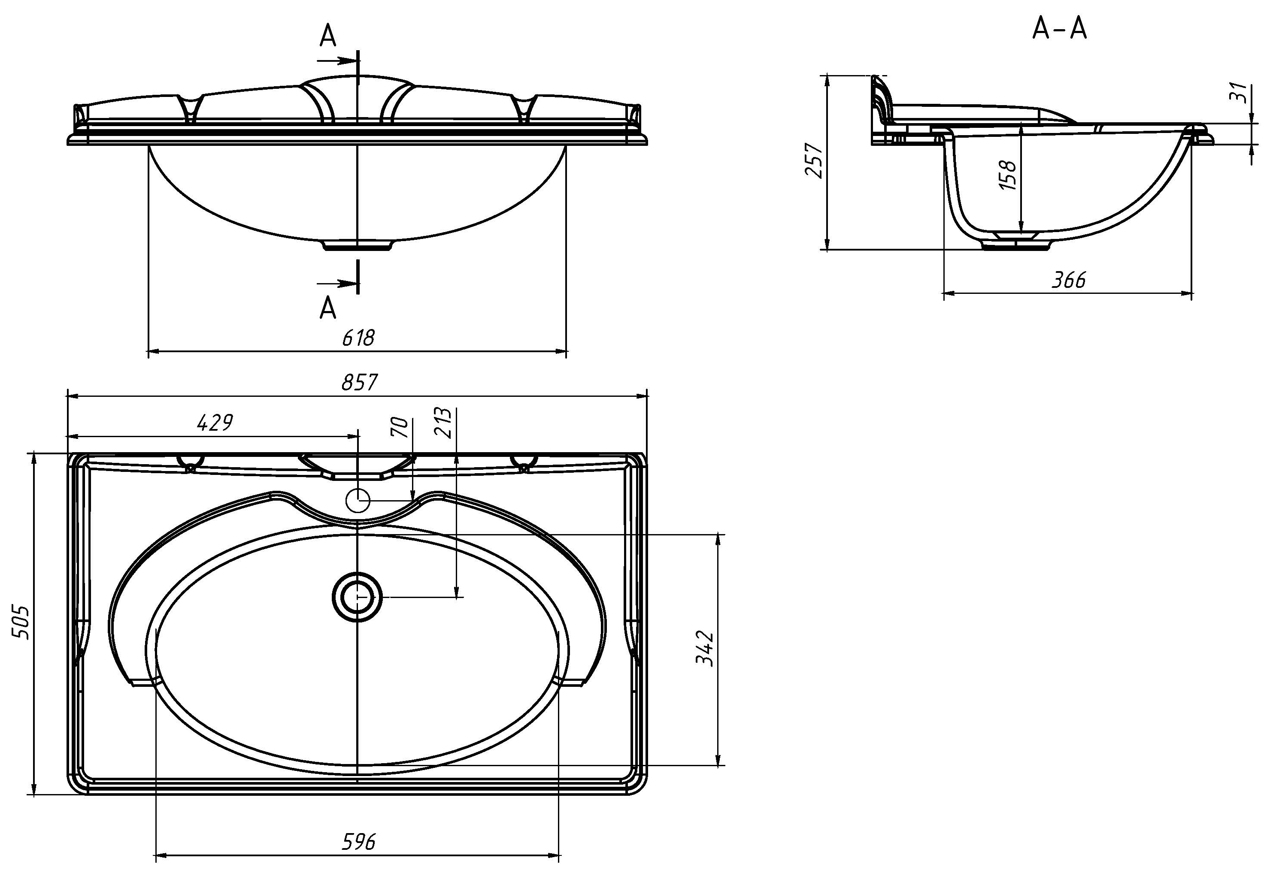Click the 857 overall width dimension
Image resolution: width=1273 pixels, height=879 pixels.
click(359, 382)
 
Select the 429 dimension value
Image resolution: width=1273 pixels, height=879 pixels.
click(215, 423)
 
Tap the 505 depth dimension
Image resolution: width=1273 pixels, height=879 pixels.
click(21, 622)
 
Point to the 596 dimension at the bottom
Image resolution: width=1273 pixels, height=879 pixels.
click(359, 842)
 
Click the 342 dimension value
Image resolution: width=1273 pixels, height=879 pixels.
click(705, 649)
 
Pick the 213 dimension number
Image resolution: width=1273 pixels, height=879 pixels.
click(443, 423)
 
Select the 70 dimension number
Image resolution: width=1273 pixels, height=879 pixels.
click(400, 427)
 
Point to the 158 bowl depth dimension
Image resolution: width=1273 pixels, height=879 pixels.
click(1008, 175)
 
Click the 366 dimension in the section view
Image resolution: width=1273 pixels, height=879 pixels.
click(1069, 280)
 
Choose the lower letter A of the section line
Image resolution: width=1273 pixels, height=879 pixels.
click(328, 308)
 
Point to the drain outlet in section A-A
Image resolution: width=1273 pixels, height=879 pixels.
click(1017, 243)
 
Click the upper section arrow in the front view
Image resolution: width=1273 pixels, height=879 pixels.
click(337, 60)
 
